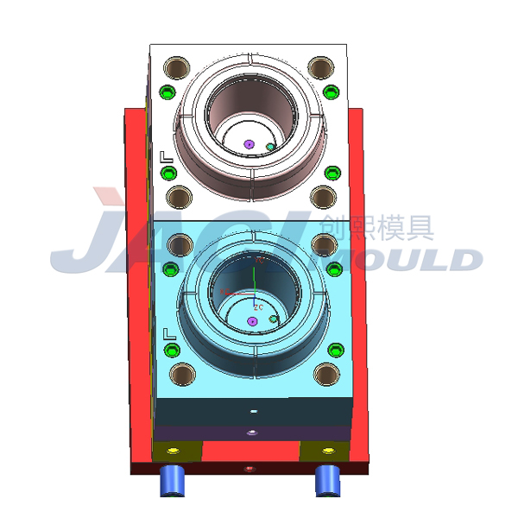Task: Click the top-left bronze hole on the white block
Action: click(x=179, y=66)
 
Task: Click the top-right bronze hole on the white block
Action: click(x=320, y=66)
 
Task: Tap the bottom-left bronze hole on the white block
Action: click(x=179, y=198)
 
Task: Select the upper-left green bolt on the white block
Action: click(x=168, y=92)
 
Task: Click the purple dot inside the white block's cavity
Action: click(x=249, y=144)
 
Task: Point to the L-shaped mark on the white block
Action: click(x=167, y=156)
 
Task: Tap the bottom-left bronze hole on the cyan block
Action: click(x=182, y=374)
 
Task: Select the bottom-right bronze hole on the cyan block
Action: click(x=325, y=374)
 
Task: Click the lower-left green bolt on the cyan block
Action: click(x=173, y=351)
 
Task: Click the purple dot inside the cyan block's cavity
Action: click(x=252, y=321)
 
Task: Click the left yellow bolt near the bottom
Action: click(x=176, y=451)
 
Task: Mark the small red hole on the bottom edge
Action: click(x=250, y=469)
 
